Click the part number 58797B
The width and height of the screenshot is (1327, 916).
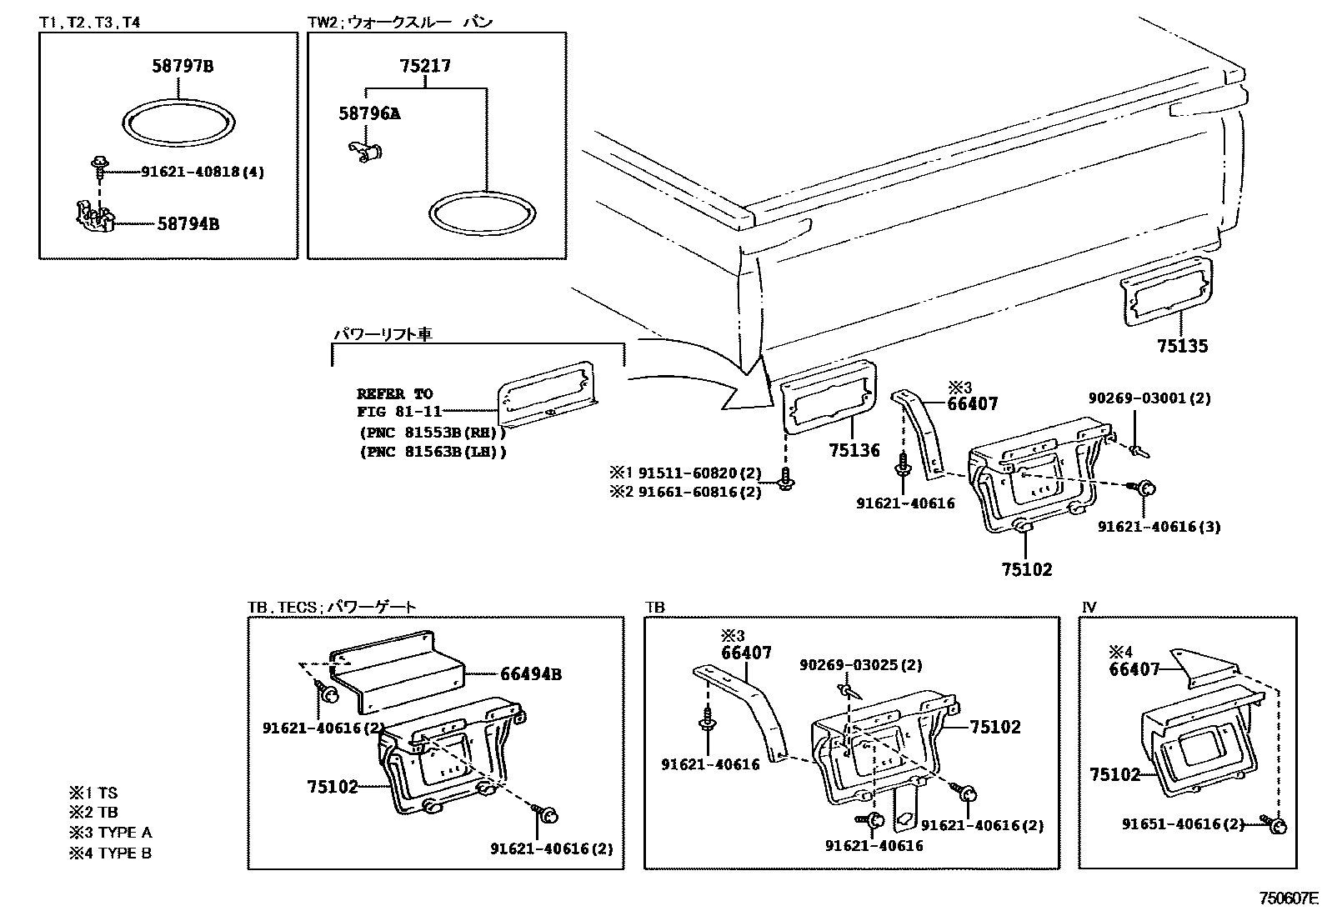point(182,66)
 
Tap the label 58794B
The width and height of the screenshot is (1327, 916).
point(188,224)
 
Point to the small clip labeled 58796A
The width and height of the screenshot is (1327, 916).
point(363,152)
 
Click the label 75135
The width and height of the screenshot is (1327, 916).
point(1181,346)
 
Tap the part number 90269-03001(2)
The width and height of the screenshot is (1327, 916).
point(1149,398)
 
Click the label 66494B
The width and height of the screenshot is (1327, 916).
point(530,674)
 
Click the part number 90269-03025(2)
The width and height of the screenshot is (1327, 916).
point(861,665)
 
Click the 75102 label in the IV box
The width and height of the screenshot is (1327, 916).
point(1114,774)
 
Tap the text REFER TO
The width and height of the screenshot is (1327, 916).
point(394,393)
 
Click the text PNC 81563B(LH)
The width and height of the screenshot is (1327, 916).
point(433,452)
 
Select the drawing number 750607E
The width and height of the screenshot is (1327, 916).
point(1288,898)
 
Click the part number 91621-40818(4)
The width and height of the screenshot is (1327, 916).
point(203,172)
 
